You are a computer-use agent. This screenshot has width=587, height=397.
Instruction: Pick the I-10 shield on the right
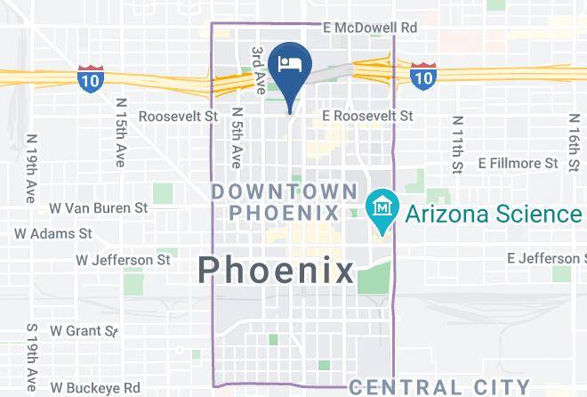[x=422, y=77]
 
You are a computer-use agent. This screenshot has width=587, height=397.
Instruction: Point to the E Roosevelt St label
[x=367, y=116]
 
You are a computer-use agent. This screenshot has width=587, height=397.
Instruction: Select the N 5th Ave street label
[x=237, y=138]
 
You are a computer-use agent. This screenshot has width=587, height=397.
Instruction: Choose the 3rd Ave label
[x=258, y=70]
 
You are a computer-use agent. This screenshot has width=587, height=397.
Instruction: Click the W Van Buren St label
[x=98, y=207]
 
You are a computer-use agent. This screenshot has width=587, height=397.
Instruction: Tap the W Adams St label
[x=53, y=233]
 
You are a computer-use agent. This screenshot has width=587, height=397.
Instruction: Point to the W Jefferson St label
[x=123, y=260]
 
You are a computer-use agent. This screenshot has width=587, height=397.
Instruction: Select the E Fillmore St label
[x=518, y=163]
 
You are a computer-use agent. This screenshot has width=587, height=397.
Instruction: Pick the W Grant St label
[x=84, y=330]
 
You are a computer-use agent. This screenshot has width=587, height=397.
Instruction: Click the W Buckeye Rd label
[x=95, y=388]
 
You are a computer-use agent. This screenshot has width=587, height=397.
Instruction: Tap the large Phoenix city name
[x=276, y=269]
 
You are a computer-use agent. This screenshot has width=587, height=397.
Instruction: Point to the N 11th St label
[x=457, y=144]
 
